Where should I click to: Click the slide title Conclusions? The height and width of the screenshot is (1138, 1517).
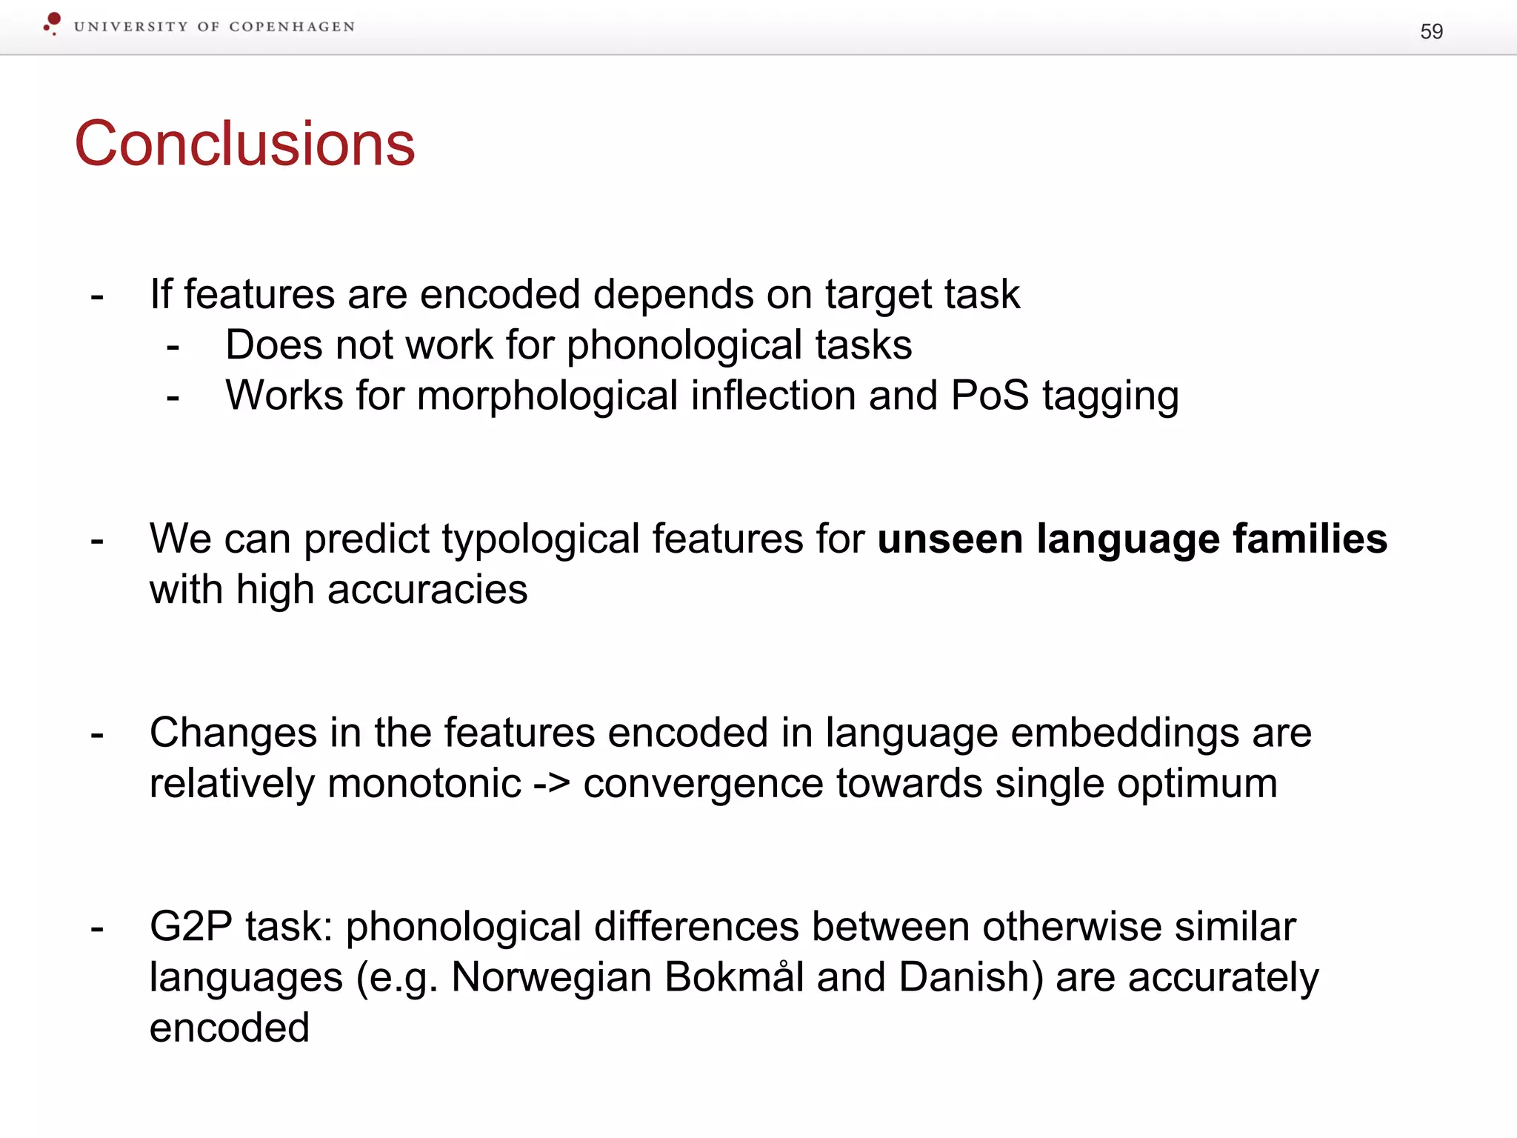[x=244, y=144]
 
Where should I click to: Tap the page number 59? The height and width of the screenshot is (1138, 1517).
[x=1431, y=31]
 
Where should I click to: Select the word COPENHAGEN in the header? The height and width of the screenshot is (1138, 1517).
[x=292, y=27]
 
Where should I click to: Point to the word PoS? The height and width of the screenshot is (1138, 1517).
[x=990, y=396]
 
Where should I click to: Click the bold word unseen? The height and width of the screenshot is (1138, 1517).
[x=950, y=539]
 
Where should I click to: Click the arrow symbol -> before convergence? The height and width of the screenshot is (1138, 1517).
[x=552, y=784]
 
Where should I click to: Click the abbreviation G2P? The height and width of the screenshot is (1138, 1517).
[x=191, y=927]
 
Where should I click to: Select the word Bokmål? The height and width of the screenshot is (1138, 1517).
[x=734, y=977]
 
